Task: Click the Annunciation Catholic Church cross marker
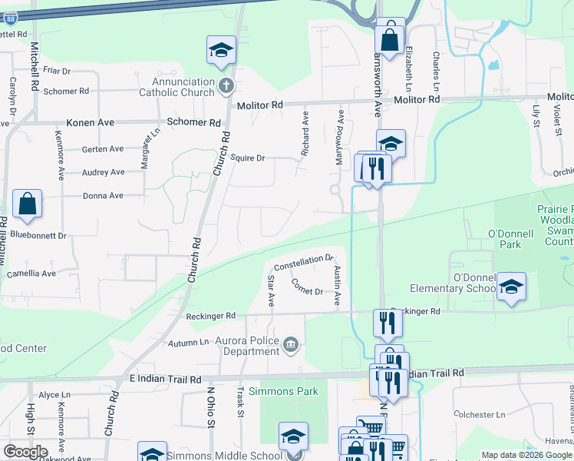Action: tap(226, 85)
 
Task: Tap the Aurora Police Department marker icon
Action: tap(291, 343)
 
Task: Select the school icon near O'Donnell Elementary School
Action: tap(511, 287)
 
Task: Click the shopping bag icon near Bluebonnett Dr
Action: tap(27, 204)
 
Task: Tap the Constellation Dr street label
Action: tap(304, 263)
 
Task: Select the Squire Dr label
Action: tap(247, 158)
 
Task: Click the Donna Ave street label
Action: tap(103, 196)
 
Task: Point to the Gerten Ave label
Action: tap(103, 149)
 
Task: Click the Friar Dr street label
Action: tap(57, 71)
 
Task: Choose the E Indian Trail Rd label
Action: tap(165, 380)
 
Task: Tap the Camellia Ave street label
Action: tap(31, 274)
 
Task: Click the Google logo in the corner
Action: tap(25, 451)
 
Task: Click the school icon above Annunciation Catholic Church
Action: tap(221, 50)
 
